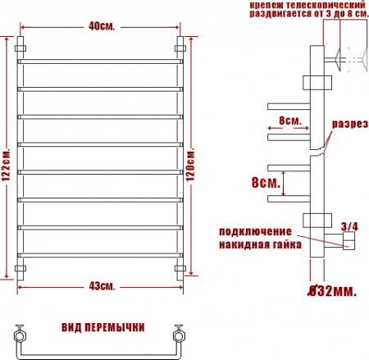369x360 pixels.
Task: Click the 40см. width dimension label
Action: pyautogui.click(x=102, y=25)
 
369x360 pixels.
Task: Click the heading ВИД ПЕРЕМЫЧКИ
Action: pyautogui.click(x=102, y=327)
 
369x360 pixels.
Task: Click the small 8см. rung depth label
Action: pyautogui.click(x=289, y=120)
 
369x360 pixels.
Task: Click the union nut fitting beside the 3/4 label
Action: pyautogui.click(x=347, y=239)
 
